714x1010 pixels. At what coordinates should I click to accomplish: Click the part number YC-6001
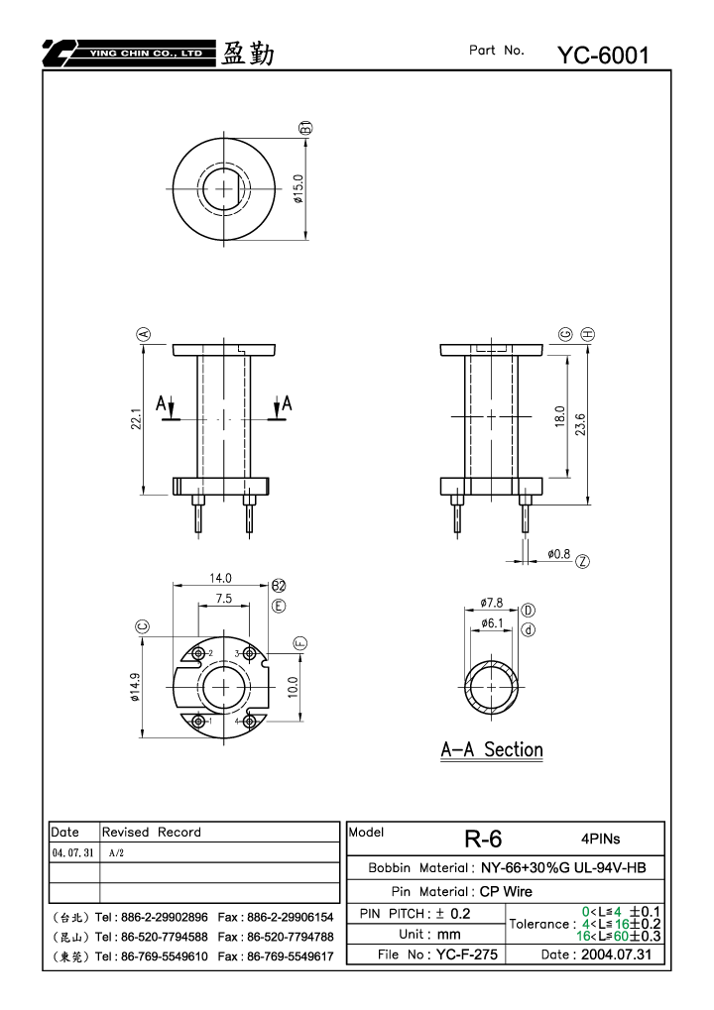tap(603, 56)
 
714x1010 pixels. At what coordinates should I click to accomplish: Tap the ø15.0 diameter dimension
tap(297, 188)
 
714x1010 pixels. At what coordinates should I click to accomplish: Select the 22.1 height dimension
tap(136, 418)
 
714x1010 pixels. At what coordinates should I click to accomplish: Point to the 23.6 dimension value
tap(580, 424)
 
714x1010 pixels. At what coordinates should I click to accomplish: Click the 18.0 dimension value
tap(559, 416)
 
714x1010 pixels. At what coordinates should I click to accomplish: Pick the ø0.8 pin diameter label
tap(558, 554)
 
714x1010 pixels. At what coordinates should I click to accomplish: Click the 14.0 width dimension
tap(220, 578)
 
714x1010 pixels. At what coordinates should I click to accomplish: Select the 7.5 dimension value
tap(223, 599)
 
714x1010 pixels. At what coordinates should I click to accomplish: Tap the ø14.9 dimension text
tap(135, 687)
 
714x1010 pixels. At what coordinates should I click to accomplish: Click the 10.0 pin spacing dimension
tap(294, 687)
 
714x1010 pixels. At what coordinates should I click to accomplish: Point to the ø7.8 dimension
tap(491, 603)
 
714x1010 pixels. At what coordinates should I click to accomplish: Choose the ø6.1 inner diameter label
tap(491, 622)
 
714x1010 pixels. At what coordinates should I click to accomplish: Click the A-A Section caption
tap(492, 749)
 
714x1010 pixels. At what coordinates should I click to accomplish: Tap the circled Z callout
tap(582, 562)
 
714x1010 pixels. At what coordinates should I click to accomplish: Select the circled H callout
tap(588, 334)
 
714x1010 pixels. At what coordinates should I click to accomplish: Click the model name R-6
tap(483, 839)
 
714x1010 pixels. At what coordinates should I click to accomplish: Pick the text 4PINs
tap(601, 839)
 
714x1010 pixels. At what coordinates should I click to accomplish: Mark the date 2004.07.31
tap(616, 954)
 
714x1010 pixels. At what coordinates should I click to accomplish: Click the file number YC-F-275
tap(466, 954)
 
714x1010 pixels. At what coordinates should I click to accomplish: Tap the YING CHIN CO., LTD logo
tap(129, 54)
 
